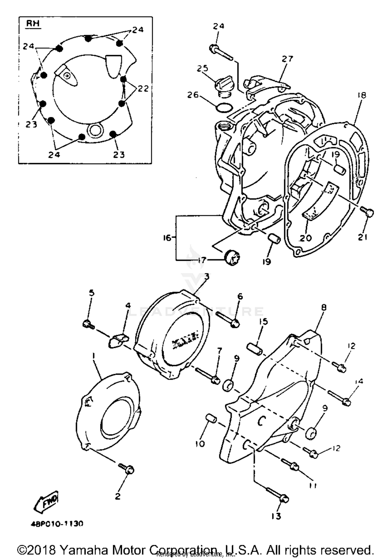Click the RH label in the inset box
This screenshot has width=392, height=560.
click(33, 24)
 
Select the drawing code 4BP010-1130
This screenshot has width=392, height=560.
click(56, 523)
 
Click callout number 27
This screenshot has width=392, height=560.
click(287, 59)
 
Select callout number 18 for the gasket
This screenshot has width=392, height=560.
click(362, 95)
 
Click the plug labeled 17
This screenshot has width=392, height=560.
click(232, 258)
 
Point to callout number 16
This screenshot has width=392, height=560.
click(167, 238)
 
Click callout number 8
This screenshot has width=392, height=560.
click(324, 307)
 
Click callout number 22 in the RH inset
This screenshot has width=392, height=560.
click(143, 88)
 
